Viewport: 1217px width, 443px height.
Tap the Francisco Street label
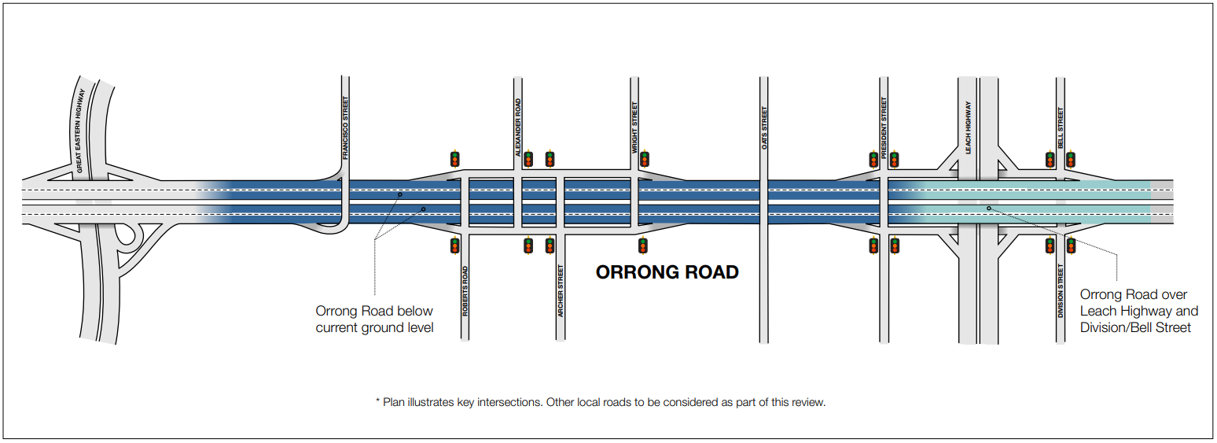(x=344, y=128)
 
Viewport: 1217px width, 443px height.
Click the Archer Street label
(x=561, y=291)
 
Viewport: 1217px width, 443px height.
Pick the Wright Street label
(x=634, y=127)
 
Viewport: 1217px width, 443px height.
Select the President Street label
(x=884, y=128)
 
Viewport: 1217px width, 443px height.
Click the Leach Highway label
(x=968, y=127)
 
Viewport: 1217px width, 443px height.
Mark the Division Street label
(x=1061, y=292)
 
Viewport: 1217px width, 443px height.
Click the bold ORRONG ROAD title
(x=667, y=272)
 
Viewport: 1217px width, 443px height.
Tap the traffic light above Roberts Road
(x=454, y=158)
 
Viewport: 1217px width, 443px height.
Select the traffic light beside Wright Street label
(x=645, y=158)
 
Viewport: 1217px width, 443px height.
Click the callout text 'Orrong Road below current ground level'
(x=374, y=319)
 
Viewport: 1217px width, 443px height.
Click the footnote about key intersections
(x=601, y=402)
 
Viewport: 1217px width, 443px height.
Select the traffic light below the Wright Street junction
(x=643, y=245)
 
